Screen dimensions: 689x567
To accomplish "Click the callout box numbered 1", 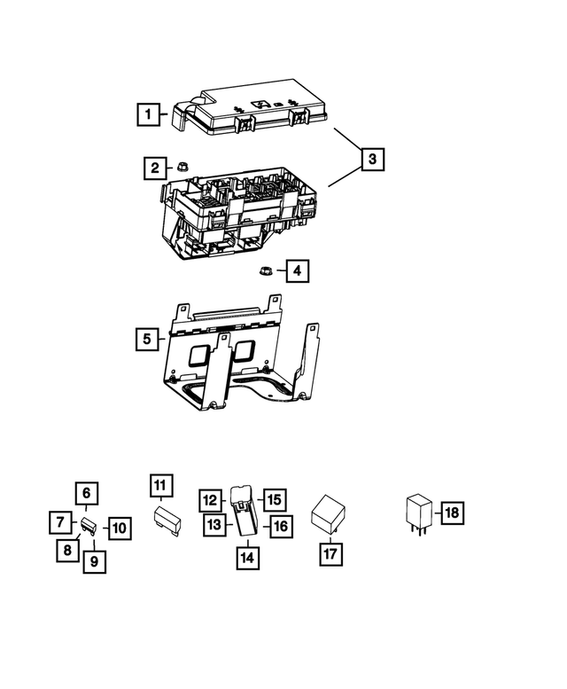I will [150, 114].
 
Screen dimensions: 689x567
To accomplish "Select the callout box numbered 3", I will [372, 159].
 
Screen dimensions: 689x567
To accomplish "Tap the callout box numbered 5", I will [150, 338].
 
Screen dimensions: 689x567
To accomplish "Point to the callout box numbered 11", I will [159, 485].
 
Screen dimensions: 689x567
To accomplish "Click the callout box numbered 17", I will [330, 552].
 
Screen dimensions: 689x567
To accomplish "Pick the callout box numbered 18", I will [451, 513].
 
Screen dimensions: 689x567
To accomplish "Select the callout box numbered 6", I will [87, 493].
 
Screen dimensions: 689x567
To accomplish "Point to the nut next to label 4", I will [264, 270].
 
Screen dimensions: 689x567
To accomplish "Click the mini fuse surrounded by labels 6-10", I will [89, 527].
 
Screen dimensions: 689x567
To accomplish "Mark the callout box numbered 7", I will [60, 523].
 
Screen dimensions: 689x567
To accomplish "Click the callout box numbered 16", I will [279, 526].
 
